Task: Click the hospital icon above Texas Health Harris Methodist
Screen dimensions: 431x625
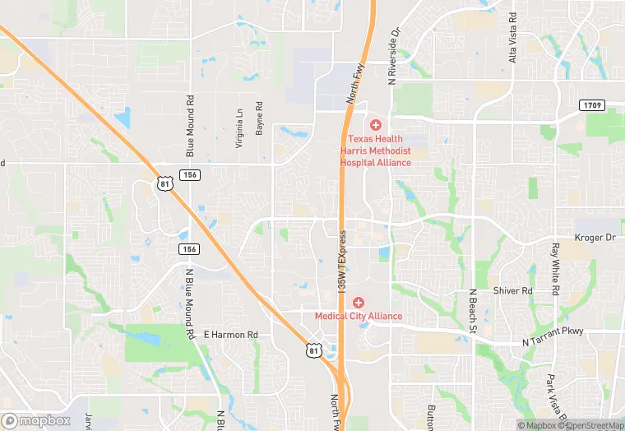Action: click(376, 125)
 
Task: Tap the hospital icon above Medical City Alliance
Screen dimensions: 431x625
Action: click(359, 303)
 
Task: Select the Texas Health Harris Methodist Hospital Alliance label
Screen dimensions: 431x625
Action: click(376, 151)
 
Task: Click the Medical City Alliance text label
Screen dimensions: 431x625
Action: click(359, 316)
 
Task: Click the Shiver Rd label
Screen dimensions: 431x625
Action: click(513, 291)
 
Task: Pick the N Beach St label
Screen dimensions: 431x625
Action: click(473, 311)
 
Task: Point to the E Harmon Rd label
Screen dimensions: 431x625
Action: click(231, 336)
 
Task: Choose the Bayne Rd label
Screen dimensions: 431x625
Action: click(259, 118)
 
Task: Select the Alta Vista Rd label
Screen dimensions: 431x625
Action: click(513, 38)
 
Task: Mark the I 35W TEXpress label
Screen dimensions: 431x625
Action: click(342, 260)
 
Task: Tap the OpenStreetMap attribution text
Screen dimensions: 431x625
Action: click(587, 425)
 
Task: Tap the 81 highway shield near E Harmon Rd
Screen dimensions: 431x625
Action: click(313, 351)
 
